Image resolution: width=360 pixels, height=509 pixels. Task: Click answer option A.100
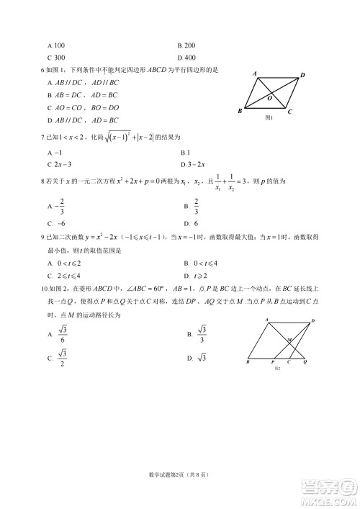pyautogui.click(x=55, y=45)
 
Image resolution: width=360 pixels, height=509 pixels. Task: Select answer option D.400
pyautogui.click(x=186, y=57)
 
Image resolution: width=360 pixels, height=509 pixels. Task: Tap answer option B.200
pyautogui.click(x=186, y=45)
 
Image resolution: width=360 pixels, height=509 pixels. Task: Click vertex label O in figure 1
pyautogui.click(x=269, y=97)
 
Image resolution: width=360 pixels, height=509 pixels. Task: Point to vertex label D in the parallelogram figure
pyautogui.click(x=302, y=75)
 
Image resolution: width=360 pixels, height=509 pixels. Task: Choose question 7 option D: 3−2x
pyautogui.click(x=194, y=164)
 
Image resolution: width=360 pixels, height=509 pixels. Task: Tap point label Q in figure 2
pyautogui.click(x=305, y=361)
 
